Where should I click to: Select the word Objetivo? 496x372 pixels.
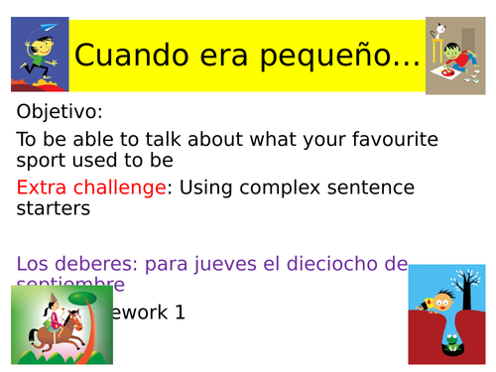pyautogui.click(x=59, y=112)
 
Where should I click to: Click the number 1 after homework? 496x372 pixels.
pyautogui.click(x=179, y=311)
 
